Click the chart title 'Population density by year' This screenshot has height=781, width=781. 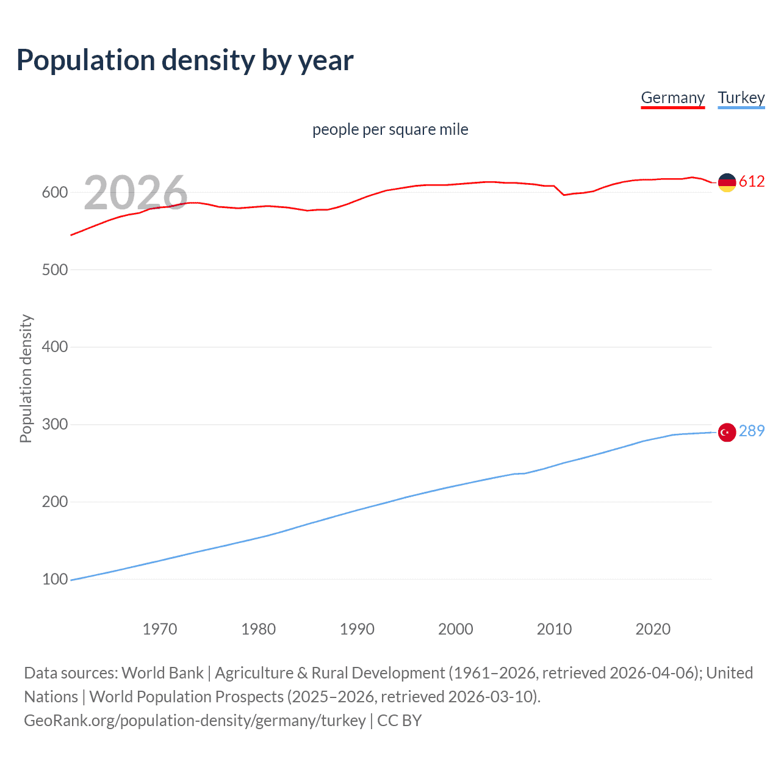(185, 60)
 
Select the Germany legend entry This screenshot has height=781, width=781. (672, 98)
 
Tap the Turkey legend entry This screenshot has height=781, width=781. (741, 98)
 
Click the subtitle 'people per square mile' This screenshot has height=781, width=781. (390, 129)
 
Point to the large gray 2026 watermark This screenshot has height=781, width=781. (135, 193)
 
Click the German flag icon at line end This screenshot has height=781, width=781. (727, 182)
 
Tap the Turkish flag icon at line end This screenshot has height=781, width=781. (727, 432)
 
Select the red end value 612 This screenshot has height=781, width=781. (752, 181)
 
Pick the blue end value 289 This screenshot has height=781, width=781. (752, 431)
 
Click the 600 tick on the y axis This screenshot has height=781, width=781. (54, 192)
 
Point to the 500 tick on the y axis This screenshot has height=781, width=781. (54, 270)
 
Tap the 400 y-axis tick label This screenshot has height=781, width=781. (54, 347)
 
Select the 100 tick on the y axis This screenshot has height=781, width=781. (54, 579)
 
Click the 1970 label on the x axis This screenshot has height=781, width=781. (160, 629)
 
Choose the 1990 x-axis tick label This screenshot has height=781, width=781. (357, 629)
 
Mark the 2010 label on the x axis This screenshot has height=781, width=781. (554, 629)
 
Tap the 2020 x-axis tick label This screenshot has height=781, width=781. (653, 629)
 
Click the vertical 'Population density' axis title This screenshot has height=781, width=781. (26, 378)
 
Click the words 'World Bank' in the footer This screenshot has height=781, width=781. (162, 673)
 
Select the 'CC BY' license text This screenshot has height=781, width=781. (400, 721)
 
